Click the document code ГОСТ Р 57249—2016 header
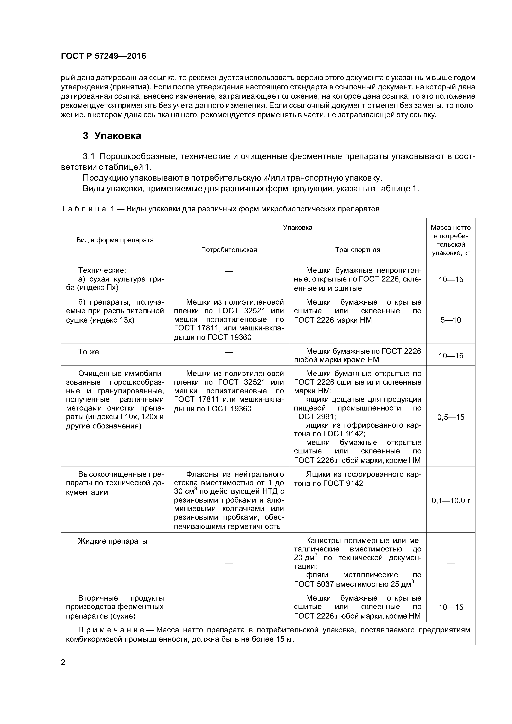pos(103,56)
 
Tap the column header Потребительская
pos(229,250)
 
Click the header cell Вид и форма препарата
pos(115,240)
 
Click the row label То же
pos(89,352)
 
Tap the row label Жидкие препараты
pos(113,541)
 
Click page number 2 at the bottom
pos(63,662)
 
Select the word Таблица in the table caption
pos(83,209)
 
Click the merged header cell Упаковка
pos(297,227)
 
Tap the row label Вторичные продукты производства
pos(115,607)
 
